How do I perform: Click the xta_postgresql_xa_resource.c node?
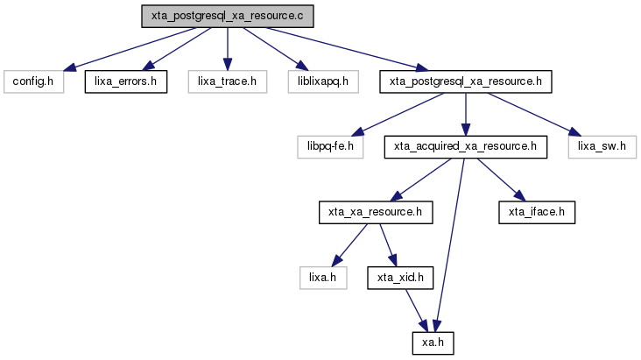(228, 17)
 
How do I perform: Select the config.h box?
(33, 81)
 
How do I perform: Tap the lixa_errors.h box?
(126, 81)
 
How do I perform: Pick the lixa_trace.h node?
(228, 81)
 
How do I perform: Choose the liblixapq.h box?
(323, 81)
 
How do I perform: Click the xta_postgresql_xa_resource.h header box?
(466, 81)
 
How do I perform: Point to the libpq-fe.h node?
(330, 147)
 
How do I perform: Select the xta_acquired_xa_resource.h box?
(466, 147)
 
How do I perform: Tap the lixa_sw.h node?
(602, 147)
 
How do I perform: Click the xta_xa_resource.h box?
(376, 212)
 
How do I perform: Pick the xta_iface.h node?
(537, 212)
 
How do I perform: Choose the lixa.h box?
(323, 278)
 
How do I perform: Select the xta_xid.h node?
(400, 278)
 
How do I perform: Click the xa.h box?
(433, 343)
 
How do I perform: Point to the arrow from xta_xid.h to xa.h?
(417, 310)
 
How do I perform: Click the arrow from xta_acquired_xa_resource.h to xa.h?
(449, 245)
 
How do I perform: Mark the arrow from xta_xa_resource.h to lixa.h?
(349, 245)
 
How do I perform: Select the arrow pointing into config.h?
(130, 49)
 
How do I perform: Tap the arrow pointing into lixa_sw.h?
(534, 114)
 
